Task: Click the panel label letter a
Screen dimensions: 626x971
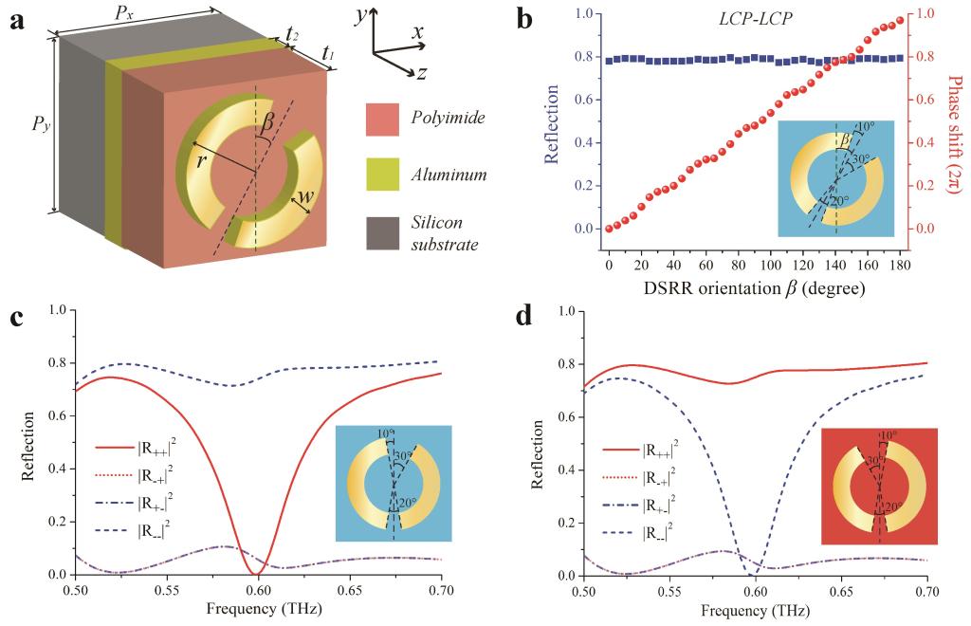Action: [16, 19]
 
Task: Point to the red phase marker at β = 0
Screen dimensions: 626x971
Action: [610, 229]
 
